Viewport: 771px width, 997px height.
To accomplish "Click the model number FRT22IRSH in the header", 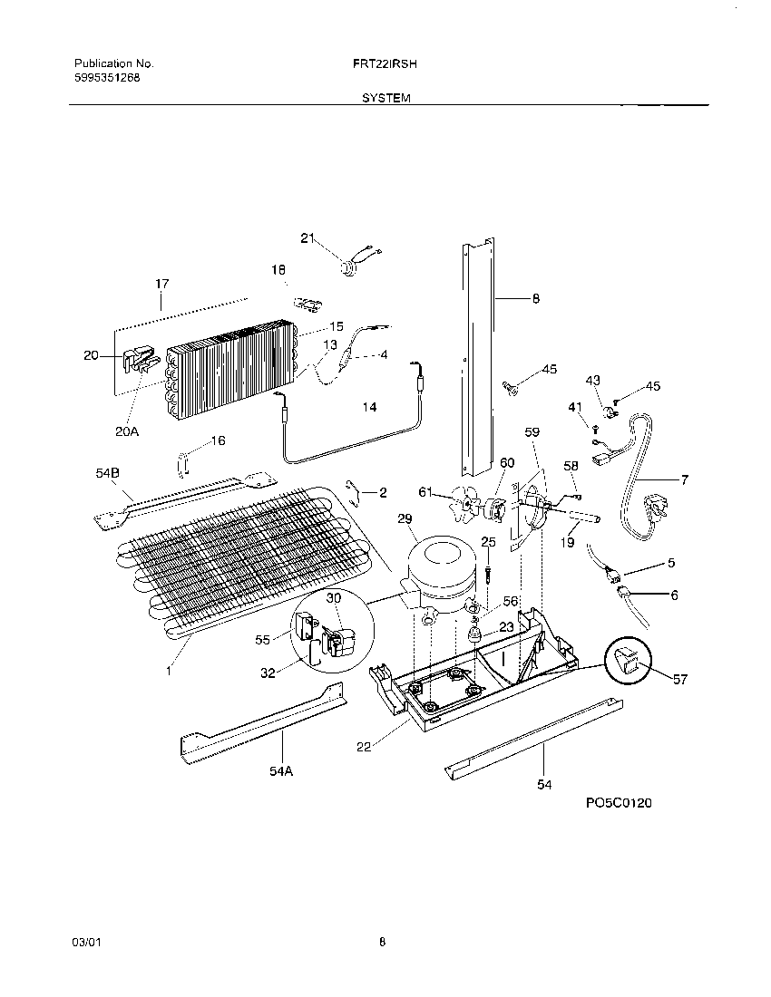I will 385,64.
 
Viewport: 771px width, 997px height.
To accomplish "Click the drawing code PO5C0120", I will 620,803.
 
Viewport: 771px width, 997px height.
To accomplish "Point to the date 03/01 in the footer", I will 84,943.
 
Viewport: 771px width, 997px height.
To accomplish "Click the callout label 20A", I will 127,431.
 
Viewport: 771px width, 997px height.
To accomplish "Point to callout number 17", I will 161,285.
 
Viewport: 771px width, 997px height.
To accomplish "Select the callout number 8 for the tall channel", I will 535,298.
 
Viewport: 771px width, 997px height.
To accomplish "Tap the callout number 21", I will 307,237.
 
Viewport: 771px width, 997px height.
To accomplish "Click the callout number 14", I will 369,408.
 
